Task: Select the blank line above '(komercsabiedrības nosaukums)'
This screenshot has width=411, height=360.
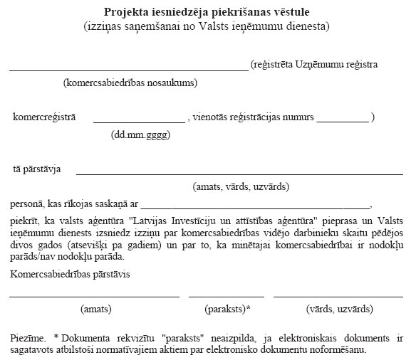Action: coord(128,70)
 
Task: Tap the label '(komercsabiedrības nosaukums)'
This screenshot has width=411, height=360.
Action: coord(130,83)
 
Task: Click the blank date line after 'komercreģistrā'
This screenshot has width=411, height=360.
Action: coord(138,122)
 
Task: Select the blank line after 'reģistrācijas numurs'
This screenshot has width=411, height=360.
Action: coord(343,122)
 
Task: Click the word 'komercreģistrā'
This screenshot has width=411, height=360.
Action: coord(44,117)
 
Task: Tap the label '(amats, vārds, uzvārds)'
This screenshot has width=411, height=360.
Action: coord(241,187)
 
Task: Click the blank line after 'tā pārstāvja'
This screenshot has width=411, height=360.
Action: coord(239,174)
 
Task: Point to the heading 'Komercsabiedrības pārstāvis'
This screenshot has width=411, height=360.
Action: coord(73,274)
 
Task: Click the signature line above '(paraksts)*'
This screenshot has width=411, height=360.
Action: coord(227,296)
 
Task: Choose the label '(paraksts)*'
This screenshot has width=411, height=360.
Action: coord(227,309)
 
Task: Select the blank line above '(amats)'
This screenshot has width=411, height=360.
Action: coord(94,296)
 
